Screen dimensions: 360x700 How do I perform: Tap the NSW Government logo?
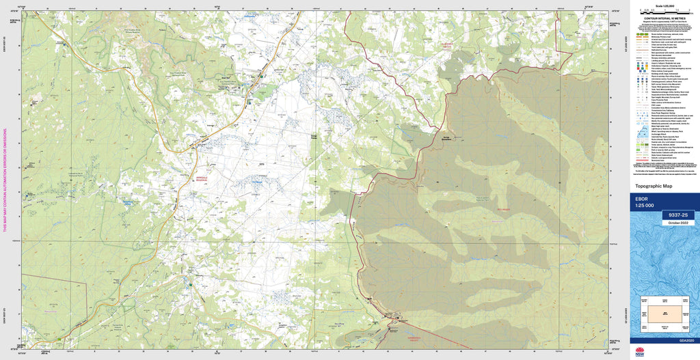[x=640, y=352]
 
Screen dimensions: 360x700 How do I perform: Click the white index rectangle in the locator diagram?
[x=660, y=310]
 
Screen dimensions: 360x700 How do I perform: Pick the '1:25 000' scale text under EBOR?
[x=645, y=206]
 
